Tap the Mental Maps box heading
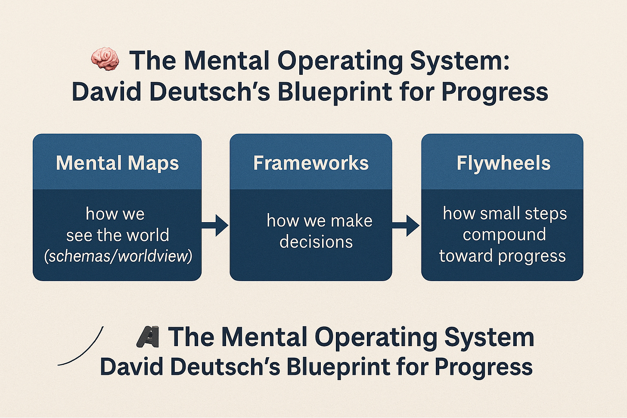coord(117,163)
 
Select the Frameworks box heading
coord(311,163)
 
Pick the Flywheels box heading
coord(503,163)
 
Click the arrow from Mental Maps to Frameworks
coord(215,224)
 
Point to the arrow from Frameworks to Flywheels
coord(406,225)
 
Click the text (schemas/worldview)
coord(118,256)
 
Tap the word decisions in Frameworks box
coord(316,242)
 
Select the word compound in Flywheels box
coord(504,235)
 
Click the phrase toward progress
coord(503,256)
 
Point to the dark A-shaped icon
coord(148,337)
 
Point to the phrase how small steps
coord(505,213)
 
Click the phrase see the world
coord(118,235)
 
